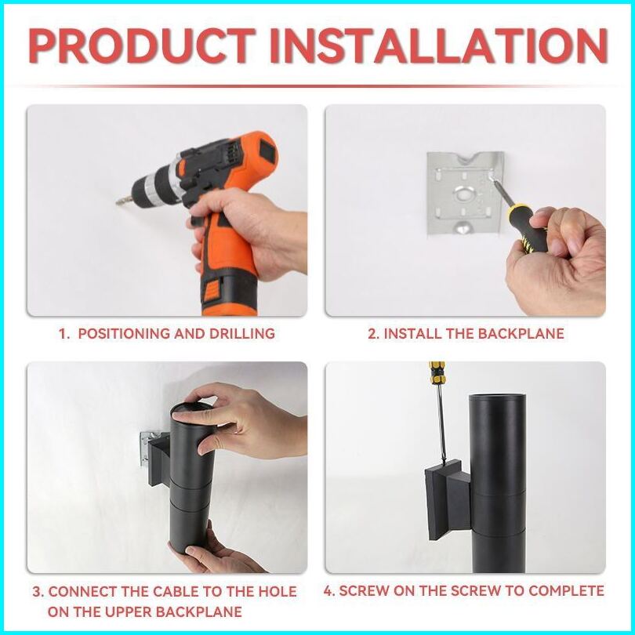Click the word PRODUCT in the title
click(x=142, y=45)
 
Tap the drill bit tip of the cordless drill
click(x=118, y=201)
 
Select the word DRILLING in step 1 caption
click(x=241, y=333)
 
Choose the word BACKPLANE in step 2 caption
click(x=521, y=333)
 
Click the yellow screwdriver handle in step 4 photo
click(x=437, y=373)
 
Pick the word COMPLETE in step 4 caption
click(x=566, y=590)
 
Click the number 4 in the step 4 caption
click(x=328, y=590)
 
